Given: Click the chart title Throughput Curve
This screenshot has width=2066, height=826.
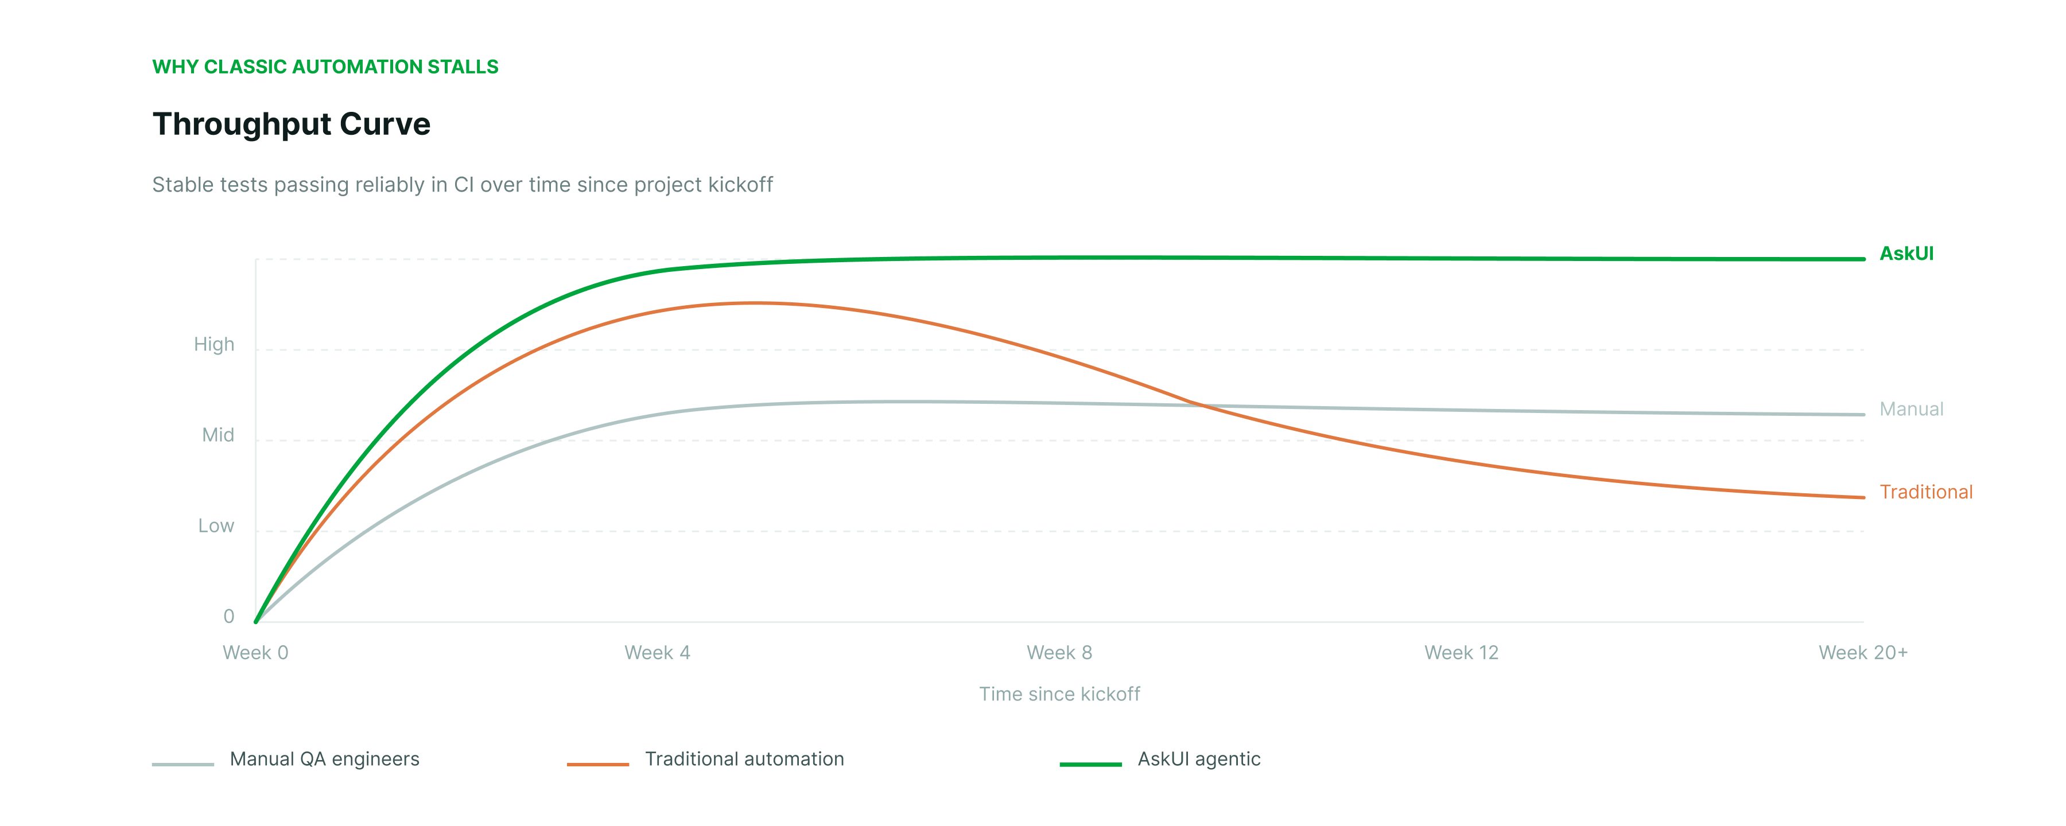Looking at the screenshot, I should tap(291, 124).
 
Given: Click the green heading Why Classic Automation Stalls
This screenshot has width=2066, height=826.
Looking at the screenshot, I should tap(325, 67).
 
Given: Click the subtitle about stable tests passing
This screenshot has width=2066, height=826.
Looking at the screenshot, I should tap(462, 185).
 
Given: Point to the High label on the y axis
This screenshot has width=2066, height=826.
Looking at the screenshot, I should tap(214, 344).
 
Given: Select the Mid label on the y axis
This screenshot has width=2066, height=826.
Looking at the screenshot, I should tap(218, 435).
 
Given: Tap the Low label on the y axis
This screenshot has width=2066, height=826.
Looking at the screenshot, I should tap(216, 525).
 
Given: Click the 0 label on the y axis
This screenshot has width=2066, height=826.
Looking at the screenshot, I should tap(228, 616).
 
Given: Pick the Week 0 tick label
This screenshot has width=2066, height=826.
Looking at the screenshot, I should tap(255, 652).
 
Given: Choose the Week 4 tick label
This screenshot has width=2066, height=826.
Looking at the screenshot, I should tap(657, 652).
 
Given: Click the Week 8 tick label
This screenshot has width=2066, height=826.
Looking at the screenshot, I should tap(1059, 652).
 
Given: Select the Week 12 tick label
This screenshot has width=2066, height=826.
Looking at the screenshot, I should tap(1461, 652).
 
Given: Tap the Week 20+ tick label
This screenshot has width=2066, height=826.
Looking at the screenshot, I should tap(1862, 652).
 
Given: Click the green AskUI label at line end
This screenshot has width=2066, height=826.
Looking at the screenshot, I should tap(1906, 254).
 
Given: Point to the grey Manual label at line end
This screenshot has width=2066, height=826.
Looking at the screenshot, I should tap(1911, 409).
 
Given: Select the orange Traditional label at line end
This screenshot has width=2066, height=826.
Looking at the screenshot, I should tap(1925, 492).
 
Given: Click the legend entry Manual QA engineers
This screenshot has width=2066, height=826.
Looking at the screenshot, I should tap(324, 759).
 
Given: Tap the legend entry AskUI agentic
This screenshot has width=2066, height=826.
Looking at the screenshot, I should tap(1198, 759).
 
